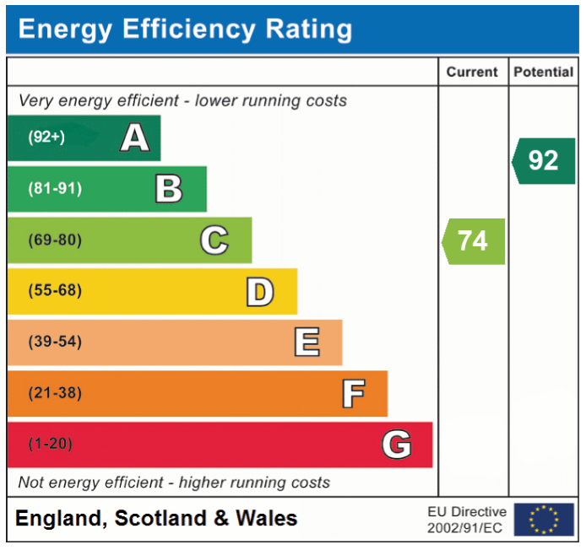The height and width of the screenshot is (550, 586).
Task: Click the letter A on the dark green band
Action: [x=135, y=137]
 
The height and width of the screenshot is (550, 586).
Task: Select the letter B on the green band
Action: [x=169, y=189]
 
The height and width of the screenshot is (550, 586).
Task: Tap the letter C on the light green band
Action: [x=214, y=240]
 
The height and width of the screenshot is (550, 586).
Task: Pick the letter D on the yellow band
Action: [x=259, y=292]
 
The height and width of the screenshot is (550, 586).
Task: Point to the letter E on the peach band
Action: [x=307, y=342]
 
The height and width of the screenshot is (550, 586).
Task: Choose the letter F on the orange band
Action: [x=353, y=394]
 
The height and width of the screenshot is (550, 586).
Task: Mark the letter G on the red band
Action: [x=397, y=445]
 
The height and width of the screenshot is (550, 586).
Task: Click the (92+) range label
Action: [x=46, y=137]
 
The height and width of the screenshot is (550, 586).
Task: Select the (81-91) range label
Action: [x=55, y=189]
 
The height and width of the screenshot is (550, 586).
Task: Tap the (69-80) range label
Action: [x=55, y=240]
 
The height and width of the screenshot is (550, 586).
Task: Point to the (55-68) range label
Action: [x=55, y=291]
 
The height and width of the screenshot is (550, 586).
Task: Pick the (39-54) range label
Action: [x=55, y=342]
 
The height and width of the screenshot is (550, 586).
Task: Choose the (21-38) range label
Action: [x=55, y=393]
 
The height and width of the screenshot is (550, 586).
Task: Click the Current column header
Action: [x=472, y=73]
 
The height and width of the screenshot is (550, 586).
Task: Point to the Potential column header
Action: [x=543, y=73]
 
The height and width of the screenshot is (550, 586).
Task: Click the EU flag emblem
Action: [x=544, y=520]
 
